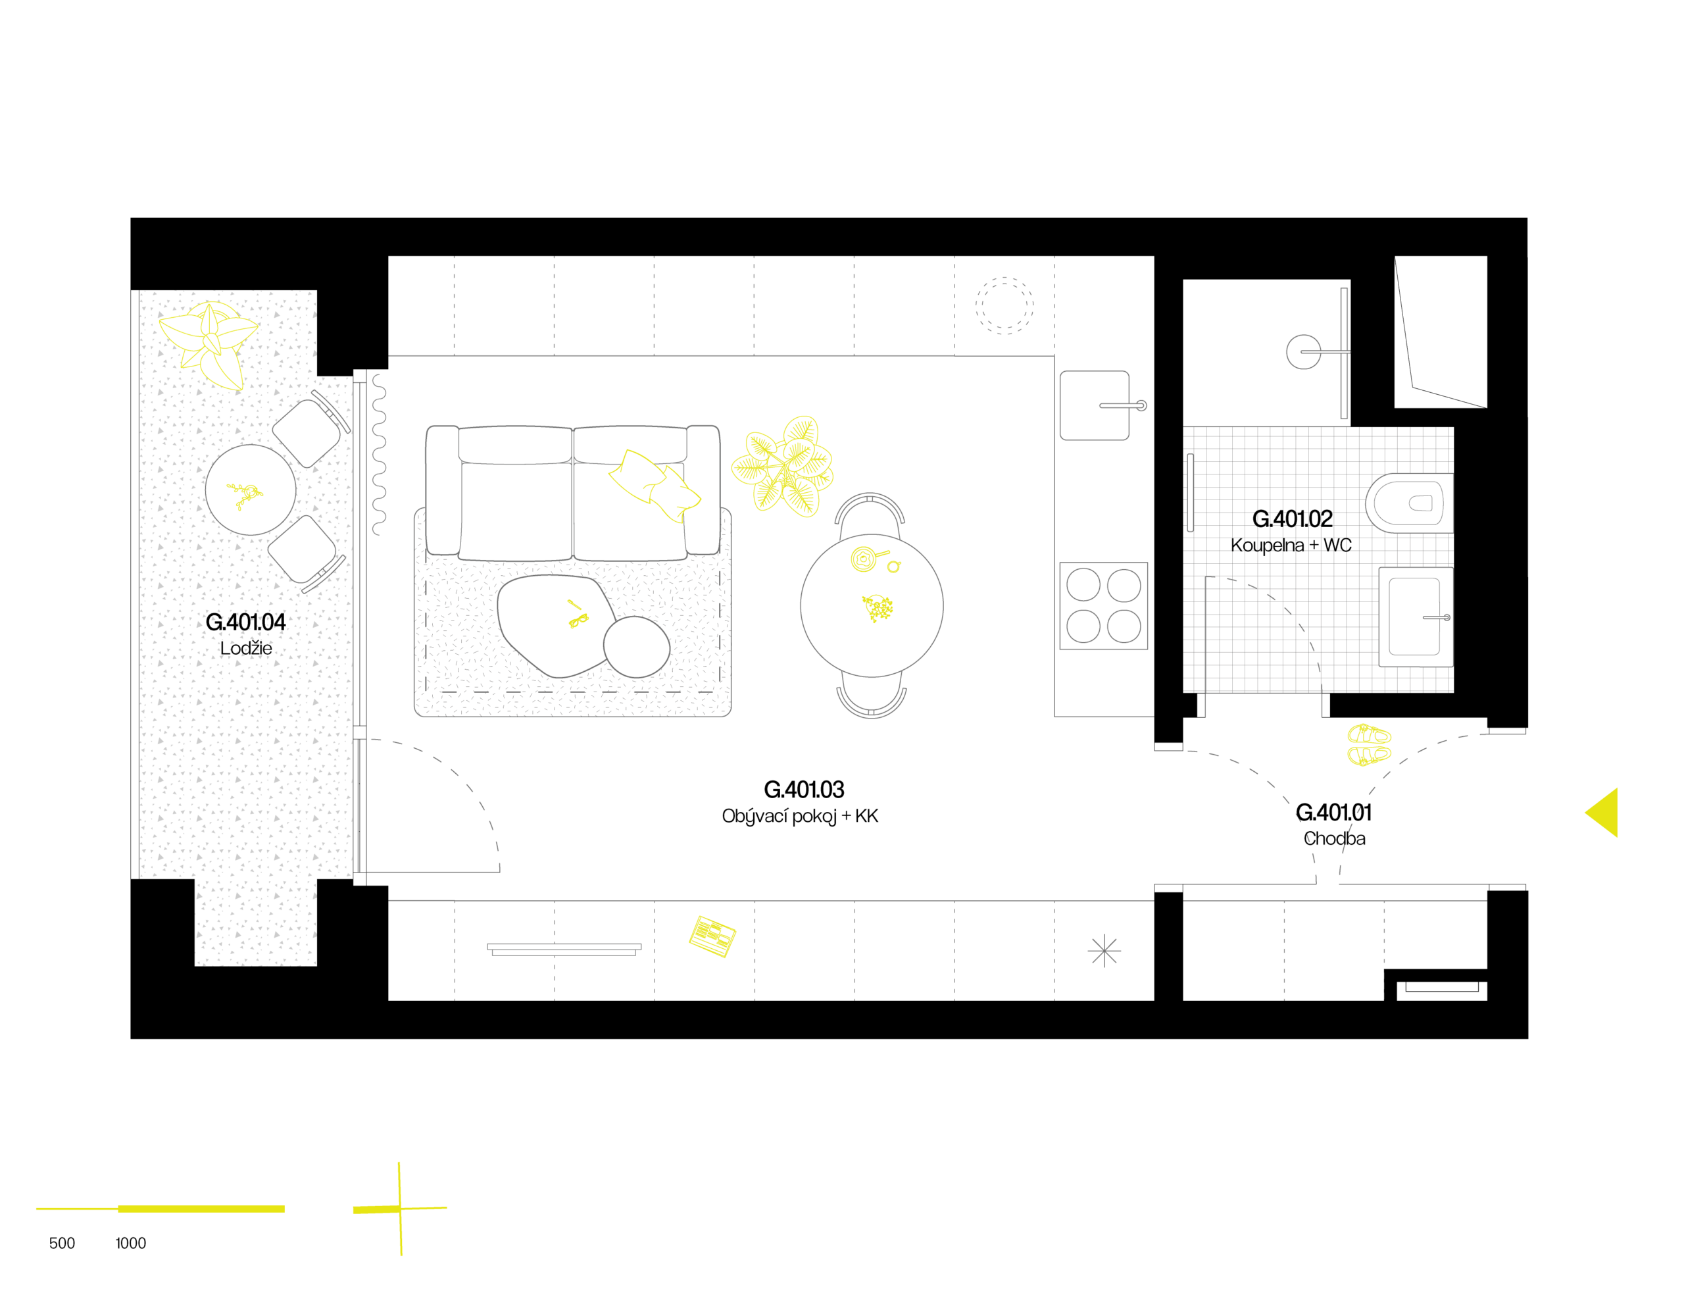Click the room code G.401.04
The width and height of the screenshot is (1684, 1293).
pos(245,622)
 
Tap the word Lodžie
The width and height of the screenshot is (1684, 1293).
pos(245,648)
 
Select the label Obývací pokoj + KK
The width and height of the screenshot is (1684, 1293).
pos(799,817)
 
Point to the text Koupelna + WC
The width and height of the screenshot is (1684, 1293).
pos(1290,545)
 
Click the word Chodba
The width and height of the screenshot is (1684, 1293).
pos(1334,838)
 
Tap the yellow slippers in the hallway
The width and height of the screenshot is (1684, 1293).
pos(1369,744)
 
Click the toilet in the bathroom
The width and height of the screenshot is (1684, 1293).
pos(1408,503)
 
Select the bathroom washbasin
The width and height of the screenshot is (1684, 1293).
pos(1416,617)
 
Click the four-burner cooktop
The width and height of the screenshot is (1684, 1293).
pos(1103,606)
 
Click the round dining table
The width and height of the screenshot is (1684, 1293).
pos(871,606)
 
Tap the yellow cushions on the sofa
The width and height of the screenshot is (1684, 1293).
pos(654,485)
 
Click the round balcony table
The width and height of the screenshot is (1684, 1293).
pos(250,490)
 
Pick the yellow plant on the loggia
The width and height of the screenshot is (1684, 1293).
pos(210,343)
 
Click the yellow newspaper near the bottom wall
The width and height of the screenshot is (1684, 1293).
pos(712,936)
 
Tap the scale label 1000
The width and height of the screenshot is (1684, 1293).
pos(130,1243)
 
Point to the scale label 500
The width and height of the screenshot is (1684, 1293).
pos(62,1243)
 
